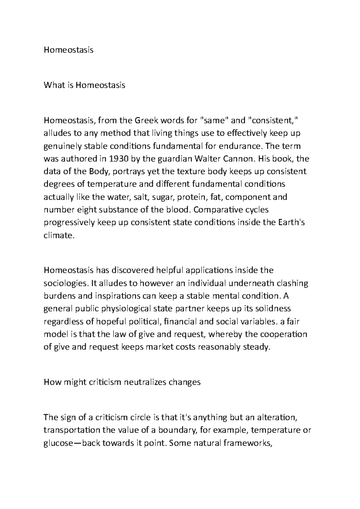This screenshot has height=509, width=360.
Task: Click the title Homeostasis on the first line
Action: point(68,50)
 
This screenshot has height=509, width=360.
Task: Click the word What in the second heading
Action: point(54,85)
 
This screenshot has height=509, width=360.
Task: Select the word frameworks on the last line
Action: point(248,443)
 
